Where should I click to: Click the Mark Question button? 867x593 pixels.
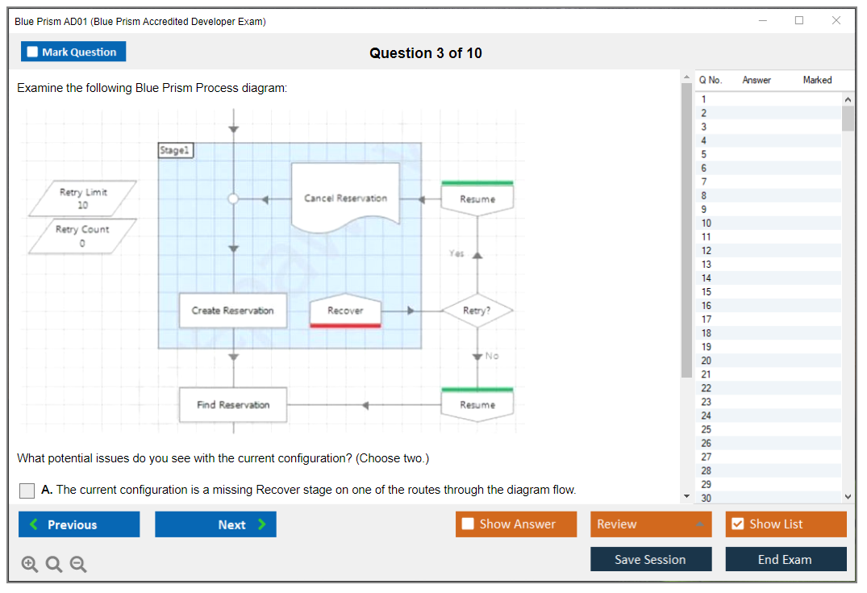tap(73, 52)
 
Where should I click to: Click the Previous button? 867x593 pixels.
tap(79, 524)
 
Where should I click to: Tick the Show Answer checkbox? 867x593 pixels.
tap(469, 524)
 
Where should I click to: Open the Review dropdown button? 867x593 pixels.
tap(651, 524)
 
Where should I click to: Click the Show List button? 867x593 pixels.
tap(786, 524)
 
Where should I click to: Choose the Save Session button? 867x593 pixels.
tap(650, 559)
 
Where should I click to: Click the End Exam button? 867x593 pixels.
tap(786, 559)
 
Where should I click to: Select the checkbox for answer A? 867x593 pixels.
tap(27, 491)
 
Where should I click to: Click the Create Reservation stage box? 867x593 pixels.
tap(232, 311)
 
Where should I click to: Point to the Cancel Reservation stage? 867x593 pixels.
tap(345, 198)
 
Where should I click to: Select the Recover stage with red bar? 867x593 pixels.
tap(345, 311)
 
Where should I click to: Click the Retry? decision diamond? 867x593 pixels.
tap(477, 311)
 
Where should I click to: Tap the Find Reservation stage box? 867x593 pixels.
tap(232, 405)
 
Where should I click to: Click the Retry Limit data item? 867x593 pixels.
tap(82, 198)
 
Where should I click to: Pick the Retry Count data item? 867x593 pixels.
tap(81, 235)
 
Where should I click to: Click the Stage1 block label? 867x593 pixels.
tap(176, 150)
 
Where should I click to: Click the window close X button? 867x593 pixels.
tap(836, 21)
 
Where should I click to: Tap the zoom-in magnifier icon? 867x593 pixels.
tap(30, 565)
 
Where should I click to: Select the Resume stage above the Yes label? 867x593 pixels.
tap(477, 198)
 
